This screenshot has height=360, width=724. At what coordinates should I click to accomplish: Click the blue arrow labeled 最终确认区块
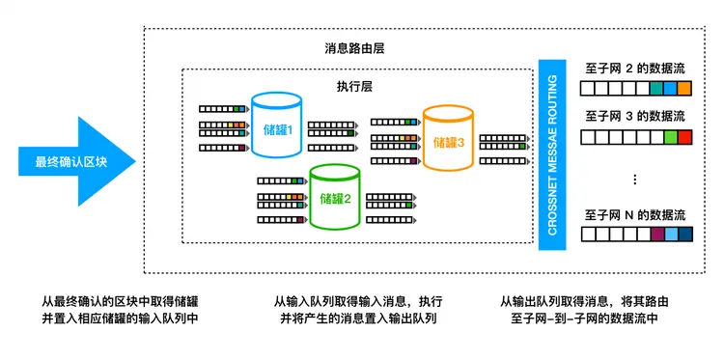pos(72,161)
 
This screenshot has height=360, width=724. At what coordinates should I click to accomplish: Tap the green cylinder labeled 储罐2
pos(334,198)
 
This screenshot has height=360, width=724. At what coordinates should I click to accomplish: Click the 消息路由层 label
pos(353,49)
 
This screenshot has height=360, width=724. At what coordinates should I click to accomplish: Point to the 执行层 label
pos(354,85)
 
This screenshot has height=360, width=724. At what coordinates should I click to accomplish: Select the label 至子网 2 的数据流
pos(635,69)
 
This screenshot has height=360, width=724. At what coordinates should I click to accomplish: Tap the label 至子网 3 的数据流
pos(635,116)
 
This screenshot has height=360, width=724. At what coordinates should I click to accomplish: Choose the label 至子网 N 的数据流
pos(635,212)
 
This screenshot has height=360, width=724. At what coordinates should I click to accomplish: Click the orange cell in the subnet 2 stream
pos(684,89)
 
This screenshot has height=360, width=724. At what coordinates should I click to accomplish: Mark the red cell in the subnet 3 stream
pos(684,137)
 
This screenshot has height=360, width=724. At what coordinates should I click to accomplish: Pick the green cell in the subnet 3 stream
pos(670,137)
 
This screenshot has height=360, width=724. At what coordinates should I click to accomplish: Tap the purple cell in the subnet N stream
pos(656,234)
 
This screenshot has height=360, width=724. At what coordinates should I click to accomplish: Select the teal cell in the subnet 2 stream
pos(656,89)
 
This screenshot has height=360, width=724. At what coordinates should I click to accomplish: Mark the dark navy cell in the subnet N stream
pos(684,234)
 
